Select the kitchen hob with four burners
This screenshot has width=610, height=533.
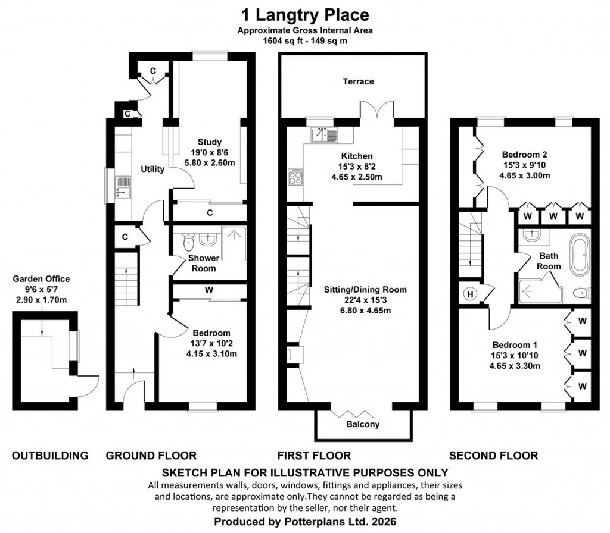[295, 177]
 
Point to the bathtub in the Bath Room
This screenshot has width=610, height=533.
[579, 255]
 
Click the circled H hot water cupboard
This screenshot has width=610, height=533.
[470, 293]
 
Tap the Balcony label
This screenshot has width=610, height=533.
[363, 424]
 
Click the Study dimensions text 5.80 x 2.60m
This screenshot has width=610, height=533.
[210, 161]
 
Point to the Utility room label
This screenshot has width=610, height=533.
[152, 169]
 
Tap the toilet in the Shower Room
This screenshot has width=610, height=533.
[189, 241]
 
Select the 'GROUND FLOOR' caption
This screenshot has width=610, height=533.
[151, 456]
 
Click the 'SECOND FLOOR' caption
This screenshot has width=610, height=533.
[493, 456]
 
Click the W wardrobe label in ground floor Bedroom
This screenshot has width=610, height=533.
[209, 290]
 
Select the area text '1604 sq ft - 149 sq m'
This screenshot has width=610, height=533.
[304, 41]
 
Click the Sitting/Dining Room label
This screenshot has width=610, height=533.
[365, 290]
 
